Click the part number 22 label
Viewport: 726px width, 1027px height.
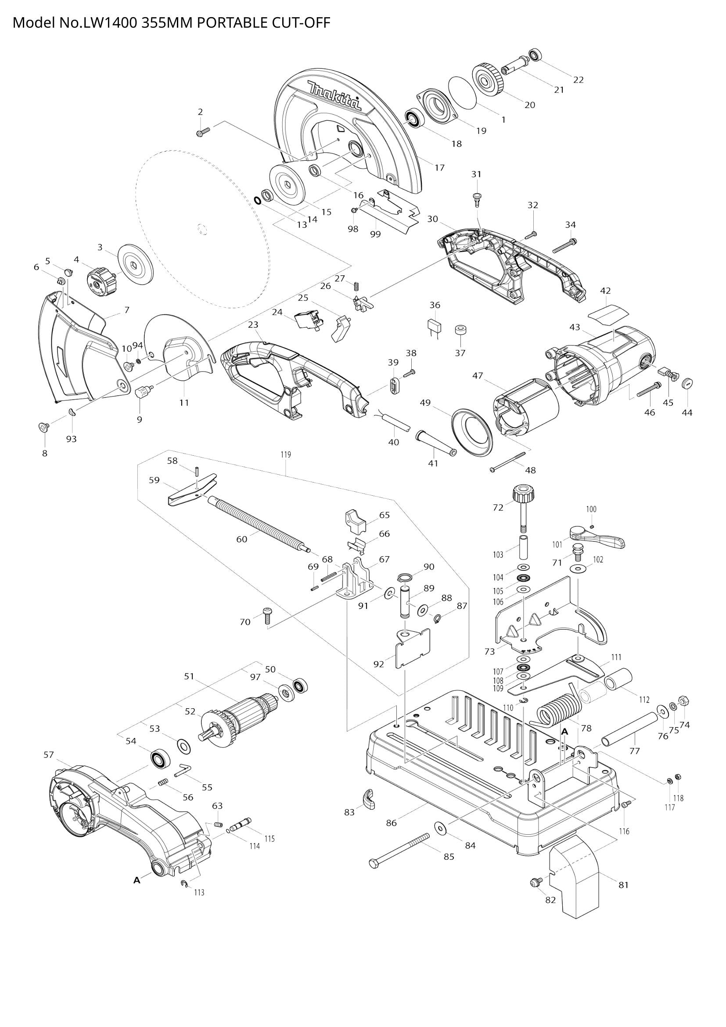[x=579, y=80]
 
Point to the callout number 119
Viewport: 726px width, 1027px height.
[x=286, y=455]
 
